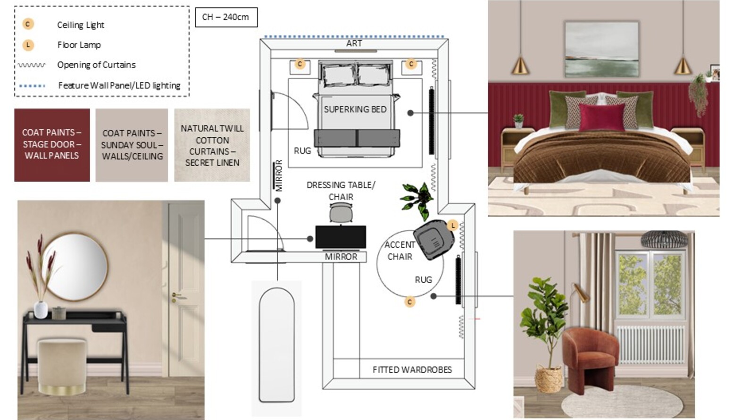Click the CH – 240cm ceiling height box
point(226,17)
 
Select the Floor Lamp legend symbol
point(28,45)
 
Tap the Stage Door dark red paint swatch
point(52,145)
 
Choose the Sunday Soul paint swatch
point(132,145)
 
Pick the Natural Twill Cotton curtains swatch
point(212,145)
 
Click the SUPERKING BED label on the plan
point(355,109)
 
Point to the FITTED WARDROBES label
point(412,370)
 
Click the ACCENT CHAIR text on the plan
point(400,251)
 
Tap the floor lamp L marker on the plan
point(452,225)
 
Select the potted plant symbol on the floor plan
point(417,200)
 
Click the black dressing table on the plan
point(341,237)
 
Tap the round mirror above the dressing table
point(75,267)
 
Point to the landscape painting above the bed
point(601,49)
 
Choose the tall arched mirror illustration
point(276,345)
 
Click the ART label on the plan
point(354,43)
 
